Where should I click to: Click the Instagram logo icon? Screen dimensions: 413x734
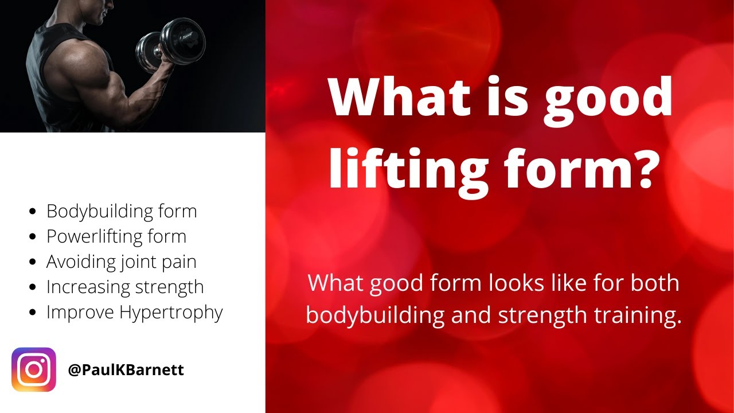click(34, 370)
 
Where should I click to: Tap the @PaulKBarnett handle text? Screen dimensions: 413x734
click(126, 370)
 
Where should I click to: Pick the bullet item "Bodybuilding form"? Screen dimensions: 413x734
click(122, 211)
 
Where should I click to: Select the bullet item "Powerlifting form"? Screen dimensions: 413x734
click(116, 236)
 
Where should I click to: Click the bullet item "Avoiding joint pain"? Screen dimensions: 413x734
click(122, 262)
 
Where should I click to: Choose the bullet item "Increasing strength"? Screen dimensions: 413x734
click(125, 287)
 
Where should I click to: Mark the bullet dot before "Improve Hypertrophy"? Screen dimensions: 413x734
click(33, 313)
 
